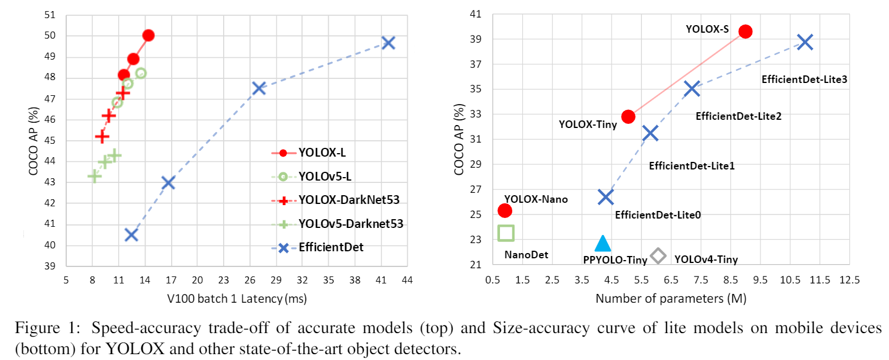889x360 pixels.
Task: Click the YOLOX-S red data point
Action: tap(745, 32)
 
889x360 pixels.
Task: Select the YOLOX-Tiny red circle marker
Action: tap(628, 116)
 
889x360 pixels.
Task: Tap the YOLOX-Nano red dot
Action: tap(505, 210)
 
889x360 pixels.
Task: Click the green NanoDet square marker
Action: tap(505, 233)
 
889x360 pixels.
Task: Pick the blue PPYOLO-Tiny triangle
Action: tap(603, 244)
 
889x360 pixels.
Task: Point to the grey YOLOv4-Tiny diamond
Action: tap(658, 255)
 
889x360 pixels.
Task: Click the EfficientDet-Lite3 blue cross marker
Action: tap(805, 42)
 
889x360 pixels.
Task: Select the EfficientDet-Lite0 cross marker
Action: tap(606, 197)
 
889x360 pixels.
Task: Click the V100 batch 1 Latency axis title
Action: tap(236, 299)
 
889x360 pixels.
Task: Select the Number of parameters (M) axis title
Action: tap(671, 299)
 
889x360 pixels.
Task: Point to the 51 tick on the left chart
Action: tap(51, 15)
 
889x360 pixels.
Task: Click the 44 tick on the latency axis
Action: tap(407, 281)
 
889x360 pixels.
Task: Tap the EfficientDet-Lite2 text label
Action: tap(738, 116)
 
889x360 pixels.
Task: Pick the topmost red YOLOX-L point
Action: tap(148, 35)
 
